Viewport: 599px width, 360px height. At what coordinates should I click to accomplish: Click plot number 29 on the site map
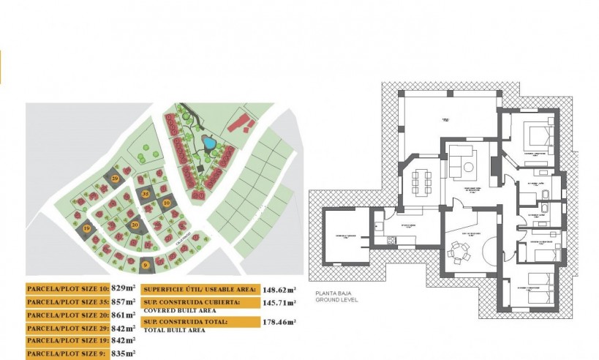115,178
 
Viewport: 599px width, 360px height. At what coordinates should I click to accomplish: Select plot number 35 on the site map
146,194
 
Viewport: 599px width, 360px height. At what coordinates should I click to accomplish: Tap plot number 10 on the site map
167,203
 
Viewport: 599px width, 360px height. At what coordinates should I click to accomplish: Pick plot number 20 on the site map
135,225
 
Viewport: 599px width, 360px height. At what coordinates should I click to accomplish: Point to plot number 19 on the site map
87,229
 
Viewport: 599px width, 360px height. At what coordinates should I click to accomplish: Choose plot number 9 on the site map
145,265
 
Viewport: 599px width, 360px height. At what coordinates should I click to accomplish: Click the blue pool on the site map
208,143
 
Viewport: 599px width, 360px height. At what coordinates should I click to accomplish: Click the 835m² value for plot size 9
124,353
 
